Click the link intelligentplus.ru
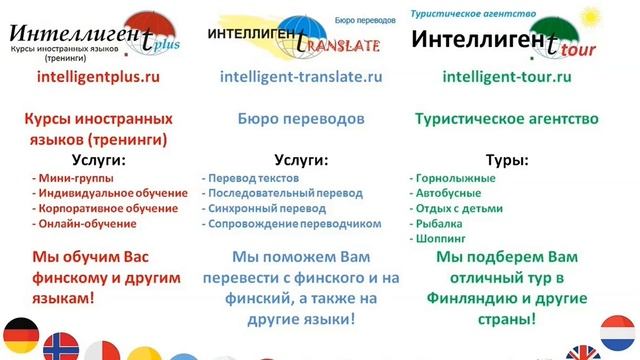point(97,75)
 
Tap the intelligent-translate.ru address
point(301,75)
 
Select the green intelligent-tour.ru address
point(507,75)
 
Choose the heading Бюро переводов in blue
point(301,118)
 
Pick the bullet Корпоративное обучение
point(109,208)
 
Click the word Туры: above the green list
point(507,159)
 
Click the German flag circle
point(20,335)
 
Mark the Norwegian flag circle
point(61,346)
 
